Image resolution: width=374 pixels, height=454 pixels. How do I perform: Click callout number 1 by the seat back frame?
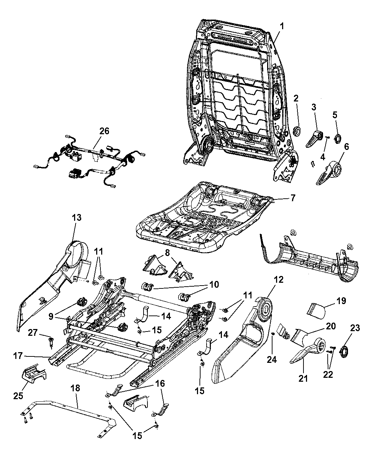(282, 26)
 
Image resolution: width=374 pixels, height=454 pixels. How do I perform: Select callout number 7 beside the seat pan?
(292, 198)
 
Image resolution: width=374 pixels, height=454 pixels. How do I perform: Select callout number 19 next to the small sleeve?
(341, 301)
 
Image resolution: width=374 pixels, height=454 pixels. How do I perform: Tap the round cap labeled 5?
(337, 138)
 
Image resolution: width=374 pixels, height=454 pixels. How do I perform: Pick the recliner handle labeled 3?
(315, 139)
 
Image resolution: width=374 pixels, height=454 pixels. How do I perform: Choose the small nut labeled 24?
(272, 334)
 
